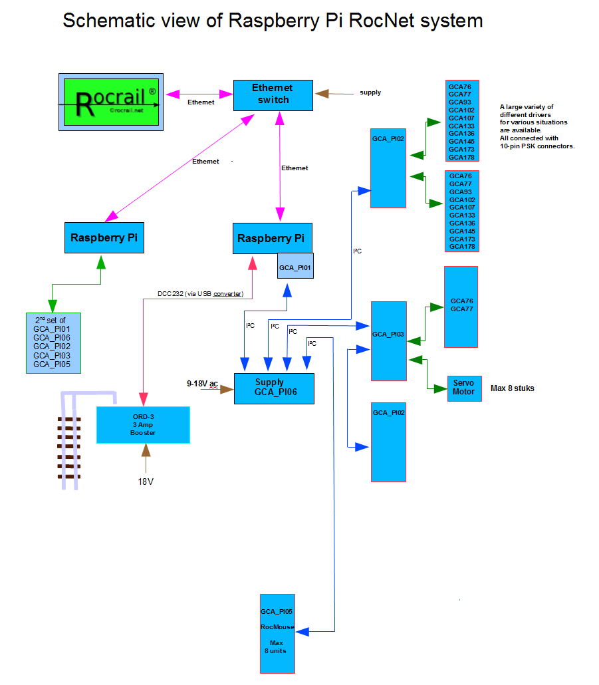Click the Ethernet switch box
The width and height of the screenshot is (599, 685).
coord(273,94)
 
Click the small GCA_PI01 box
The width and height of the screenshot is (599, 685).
coord(295,267)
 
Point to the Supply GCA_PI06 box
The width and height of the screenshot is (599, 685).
coord(273,388)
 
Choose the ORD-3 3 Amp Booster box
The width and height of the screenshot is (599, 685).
coord(143,425)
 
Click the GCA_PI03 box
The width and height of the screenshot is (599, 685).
coord(388,341)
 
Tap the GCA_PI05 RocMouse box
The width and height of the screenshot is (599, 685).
coord(277,633)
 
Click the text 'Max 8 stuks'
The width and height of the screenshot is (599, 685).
coord(512,388)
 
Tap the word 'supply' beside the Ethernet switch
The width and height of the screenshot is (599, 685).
coord(370,92)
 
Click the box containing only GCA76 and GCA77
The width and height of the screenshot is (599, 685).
coord(461,307)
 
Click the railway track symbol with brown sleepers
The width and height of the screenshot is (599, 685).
coord(68,442)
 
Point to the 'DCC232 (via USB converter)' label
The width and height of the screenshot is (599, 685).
coord(199,293)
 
